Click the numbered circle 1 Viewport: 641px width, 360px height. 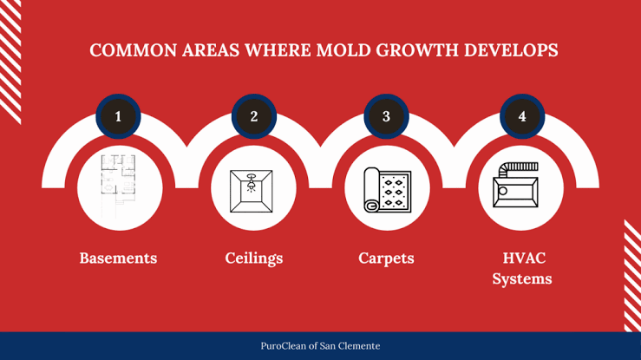118,116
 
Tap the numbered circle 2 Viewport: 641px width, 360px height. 254,116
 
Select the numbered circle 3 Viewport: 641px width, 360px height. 386,116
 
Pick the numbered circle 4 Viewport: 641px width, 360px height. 522,116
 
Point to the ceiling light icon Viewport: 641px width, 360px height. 251,191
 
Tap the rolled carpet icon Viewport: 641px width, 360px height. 388,190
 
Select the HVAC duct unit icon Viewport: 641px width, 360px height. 515,185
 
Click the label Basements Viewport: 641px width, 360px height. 118,258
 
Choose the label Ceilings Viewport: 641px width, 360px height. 254,259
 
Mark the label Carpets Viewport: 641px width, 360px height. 386,259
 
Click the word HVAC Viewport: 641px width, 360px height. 524,258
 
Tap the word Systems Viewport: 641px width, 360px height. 522,279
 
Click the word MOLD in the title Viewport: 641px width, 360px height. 343,50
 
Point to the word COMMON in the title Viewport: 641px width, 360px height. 134,50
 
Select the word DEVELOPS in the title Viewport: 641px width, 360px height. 511,50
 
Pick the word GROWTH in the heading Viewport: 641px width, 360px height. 417,50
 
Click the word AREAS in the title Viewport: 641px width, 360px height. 211,50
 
